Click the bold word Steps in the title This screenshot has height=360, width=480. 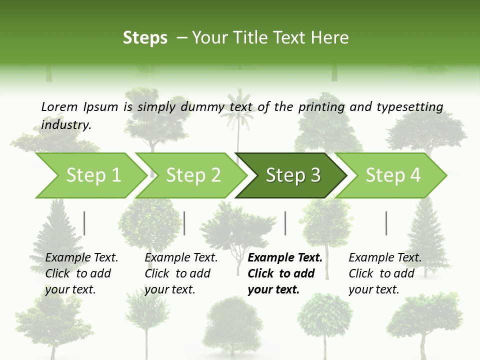click(x=145, y=38)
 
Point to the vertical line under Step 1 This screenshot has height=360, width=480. click(x=84, y=223)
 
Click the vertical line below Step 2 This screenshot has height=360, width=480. click(x=184, y=223)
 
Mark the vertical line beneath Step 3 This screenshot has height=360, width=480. click(x=285, y=223)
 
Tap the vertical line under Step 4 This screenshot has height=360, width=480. click(x=386, y=223)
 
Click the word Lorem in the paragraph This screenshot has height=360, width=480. click(x=59, y=107)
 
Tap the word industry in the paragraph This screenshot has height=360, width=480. click(x=66, y=125)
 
